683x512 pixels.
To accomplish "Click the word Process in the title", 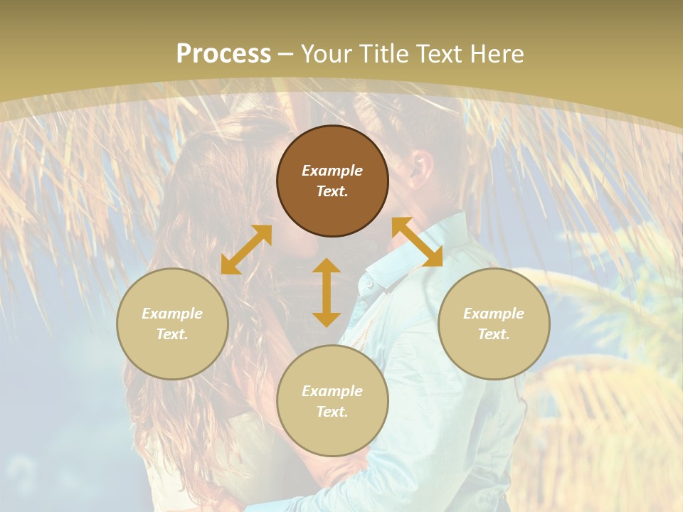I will point(223,54).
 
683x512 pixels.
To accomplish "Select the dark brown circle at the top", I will point(332,146).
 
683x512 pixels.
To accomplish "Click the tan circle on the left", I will point(172,348).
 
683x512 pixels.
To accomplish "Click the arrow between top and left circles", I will point(246,250).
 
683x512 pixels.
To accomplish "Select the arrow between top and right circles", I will point(417,242).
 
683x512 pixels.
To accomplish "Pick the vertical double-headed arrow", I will point(327,292).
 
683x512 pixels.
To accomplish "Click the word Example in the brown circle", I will point(332,171).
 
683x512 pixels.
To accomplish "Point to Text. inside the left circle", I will point(172,334).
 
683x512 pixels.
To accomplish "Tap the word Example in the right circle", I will point(494,314).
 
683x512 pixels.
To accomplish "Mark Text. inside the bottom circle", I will point(332,412).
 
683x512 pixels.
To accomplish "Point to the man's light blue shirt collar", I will point(388,267).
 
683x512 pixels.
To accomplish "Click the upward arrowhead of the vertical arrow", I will point(327,265).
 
